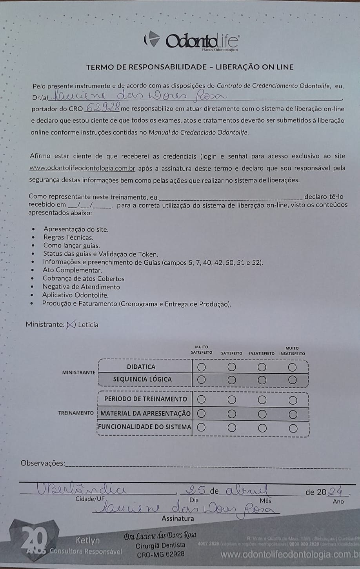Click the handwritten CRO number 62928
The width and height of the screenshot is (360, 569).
click(102, 107)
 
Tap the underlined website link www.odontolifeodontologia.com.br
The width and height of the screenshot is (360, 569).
click(83, 168)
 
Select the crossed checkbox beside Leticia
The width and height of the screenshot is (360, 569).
click(71, 324)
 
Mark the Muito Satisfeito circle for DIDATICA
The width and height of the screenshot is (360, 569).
click(202, 367)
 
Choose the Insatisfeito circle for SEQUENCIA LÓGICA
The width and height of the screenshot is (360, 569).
click(262, 380)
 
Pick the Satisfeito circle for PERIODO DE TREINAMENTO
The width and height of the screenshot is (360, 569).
click(232, 400)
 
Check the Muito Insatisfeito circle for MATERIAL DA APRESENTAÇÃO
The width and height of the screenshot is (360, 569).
click(293, 414)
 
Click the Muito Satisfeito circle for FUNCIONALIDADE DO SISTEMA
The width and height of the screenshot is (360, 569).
click(202, 427)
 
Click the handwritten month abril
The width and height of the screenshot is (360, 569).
click(246, 490)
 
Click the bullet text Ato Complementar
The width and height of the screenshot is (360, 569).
click(72, 270)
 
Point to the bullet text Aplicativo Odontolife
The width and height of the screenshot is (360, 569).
click(75, 295)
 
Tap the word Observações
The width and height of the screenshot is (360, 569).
click(43, 463)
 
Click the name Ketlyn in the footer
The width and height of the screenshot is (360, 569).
click(87, 540)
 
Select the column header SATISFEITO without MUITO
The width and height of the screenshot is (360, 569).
click(231, 353)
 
